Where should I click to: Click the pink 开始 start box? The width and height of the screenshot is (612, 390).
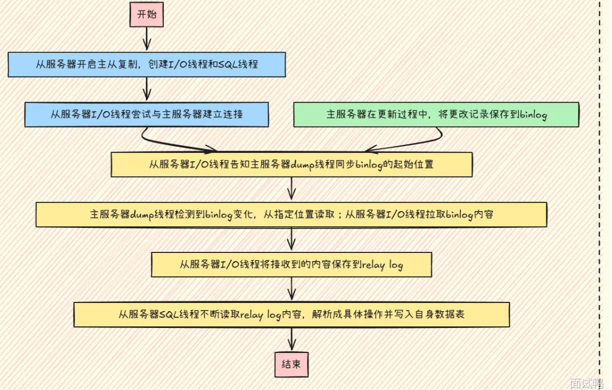coord(146,14)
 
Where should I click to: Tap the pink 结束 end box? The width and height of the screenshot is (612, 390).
coord(292,363)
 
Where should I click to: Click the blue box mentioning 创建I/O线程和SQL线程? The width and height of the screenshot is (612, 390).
coord(146,64)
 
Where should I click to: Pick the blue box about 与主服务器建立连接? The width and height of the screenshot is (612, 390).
coord(146,115)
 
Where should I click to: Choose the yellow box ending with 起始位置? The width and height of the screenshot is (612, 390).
coord(291,164)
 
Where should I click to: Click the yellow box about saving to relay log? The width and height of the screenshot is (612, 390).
coord(291,265)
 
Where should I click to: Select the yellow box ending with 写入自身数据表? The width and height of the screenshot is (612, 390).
coord(291,314)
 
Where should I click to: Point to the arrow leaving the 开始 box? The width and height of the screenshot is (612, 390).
coord(146,38)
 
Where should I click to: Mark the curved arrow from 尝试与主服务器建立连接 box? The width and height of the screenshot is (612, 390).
coord(174,141)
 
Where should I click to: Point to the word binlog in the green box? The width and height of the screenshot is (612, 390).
coord(533,115)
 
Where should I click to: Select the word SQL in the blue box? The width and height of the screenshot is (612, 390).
coord(228,64)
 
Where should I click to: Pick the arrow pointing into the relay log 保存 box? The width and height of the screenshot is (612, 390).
coord(292,239)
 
